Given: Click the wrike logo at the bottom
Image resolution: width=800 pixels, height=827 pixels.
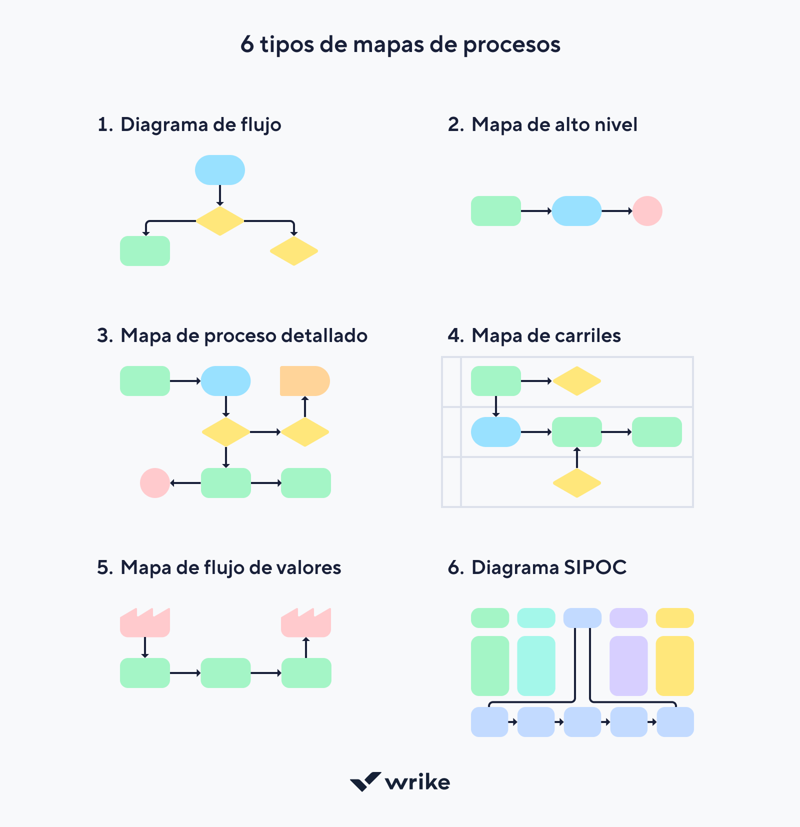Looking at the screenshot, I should coord(400,782).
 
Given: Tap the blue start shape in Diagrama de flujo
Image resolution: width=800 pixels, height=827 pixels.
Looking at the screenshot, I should coord(220,170).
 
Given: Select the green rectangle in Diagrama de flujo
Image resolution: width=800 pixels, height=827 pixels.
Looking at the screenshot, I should coord(145,251).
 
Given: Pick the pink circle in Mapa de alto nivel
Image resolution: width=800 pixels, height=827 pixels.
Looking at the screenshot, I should coord(647,211).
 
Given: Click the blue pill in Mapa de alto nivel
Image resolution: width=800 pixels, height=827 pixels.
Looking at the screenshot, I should coord(576,211).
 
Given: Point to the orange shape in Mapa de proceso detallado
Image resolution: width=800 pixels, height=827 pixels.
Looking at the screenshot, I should coord(304,381).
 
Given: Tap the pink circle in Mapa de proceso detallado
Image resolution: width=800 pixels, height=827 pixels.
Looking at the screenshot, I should coord(155,483).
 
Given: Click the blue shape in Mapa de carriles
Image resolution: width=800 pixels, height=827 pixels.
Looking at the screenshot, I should coord(496,432).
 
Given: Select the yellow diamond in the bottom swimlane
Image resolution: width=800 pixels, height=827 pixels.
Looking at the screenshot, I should coord(576,483).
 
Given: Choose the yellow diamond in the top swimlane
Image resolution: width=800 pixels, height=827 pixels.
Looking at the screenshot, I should coord(576,381).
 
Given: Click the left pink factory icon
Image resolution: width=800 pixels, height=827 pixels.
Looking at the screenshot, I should coord(145,623).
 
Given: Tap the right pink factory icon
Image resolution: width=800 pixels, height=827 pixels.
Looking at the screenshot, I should coord(306,623).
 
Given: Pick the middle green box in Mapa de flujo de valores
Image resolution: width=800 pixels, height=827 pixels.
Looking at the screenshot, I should coord(225,673).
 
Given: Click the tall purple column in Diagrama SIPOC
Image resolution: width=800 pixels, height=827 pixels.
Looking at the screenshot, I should coord(628,666).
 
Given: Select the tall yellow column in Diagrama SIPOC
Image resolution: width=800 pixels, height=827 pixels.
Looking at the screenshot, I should coord(674,666).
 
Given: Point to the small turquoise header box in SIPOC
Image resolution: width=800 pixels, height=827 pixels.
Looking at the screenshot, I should coord(536,618).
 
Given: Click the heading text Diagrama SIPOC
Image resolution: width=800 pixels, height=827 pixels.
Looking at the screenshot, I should coord(548,568).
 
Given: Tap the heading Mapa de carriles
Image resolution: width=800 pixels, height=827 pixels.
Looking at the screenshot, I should coord(545,336).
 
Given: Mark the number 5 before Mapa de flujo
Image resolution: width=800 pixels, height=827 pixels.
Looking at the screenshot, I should coord(103,568).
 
